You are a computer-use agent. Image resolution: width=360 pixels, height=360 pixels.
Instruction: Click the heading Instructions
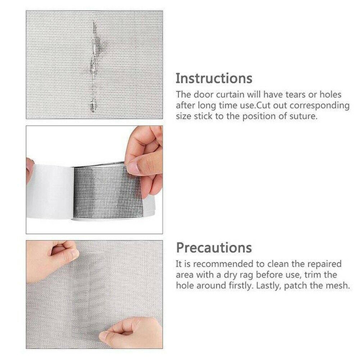pyautogui.click(x=214, y=78)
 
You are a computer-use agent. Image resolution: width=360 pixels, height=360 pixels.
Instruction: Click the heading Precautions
pyautogui.click(x=214, y=248)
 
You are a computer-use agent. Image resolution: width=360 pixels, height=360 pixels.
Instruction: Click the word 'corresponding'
pyautogui.click(x=319, y=106)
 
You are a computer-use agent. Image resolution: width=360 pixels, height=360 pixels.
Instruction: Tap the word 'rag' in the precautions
pyautogui.click(x=247, y=275)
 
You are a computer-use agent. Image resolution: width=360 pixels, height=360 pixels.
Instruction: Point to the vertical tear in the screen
pyautogui.click(x=94, y=65)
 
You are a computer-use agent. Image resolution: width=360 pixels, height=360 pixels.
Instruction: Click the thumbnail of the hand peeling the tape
pyautogui.click(x=94, y=180)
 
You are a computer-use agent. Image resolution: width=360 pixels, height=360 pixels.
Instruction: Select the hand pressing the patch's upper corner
pyautogui.click(x=53, y=255)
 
